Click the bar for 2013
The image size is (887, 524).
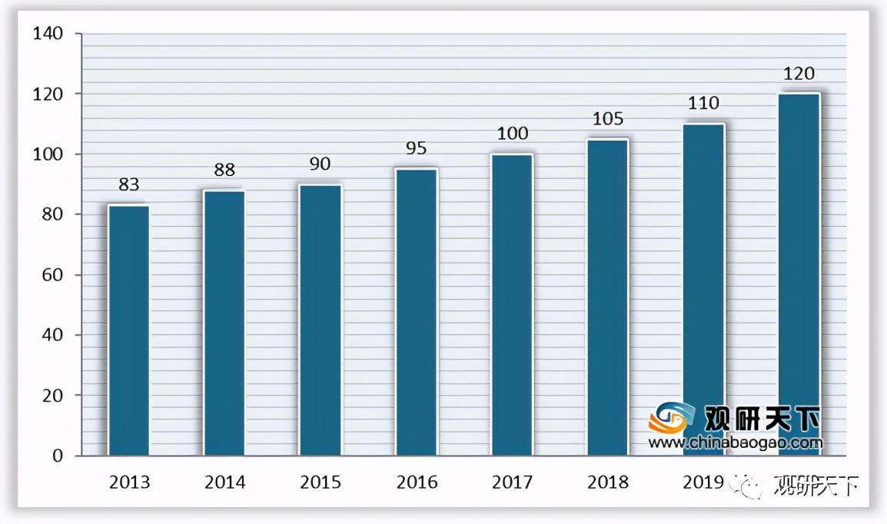click(x=128, y=330)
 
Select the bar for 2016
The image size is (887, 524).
click(x=417, y=312)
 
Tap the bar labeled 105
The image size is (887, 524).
click(x=607, y=297)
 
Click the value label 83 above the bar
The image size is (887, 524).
click(x=128, y=184)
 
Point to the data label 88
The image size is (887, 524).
click(x=224, y=170)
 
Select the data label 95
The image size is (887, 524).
click(x=417, y=148)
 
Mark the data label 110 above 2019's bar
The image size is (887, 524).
click(x=703, y=103)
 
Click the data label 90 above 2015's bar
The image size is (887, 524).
click(x=321, y=164)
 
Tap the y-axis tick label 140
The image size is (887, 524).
click(x=48, y=34)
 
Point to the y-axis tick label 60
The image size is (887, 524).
click(x=52, y=275)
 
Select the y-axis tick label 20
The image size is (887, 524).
click(x=52, y=396)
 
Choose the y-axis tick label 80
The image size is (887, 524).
click(x=52, y=214)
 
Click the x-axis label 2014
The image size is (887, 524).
click(x=224, y=483)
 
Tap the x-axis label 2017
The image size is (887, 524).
click(x=512, y=483)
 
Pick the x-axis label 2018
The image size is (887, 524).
click(x=607, y=483)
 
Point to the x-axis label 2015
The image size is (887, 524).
click(x=321, y=483)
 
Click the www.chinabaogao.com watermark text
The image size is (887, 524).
click(x=735, y=443)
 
